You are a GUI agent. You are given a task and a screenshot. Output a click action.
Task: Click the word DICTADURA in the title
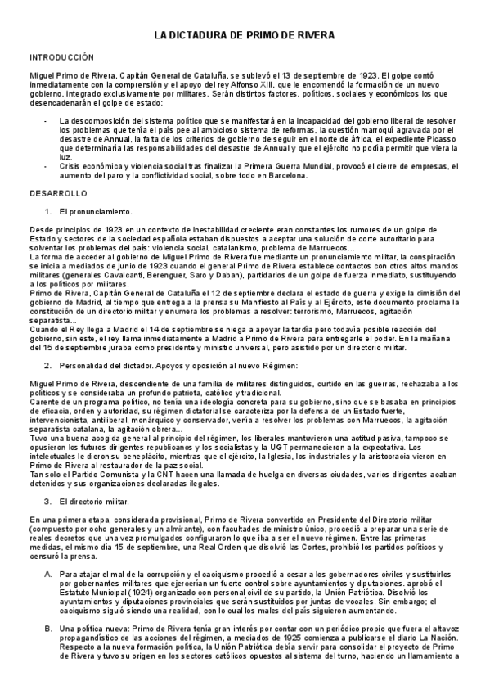tap(209, 38)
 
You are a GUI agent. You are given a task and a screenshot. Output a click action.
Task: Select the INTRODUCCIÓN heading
tap(61, 59)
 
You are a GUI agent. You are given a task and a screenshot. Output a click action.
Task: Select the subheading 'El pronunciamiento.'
tap(97, 211)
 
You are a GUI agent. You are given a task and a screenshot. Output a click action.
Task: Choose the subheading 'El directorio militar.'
tap(99, 501)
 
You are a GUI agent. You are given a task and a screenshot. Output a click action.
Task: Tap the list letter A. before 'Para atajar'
tap(47, 575)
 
